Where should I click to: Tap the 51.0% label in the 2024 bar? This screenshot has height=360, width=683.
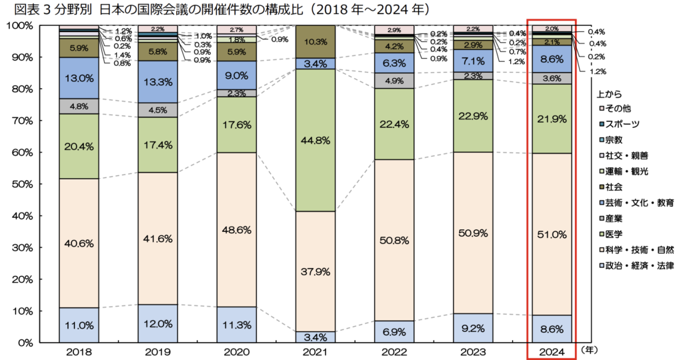click(552, 235)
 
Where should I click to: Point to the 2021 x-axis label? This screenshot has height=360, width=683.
click(314, 351)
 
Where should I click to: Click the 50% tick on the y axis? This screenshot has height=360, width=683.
click(21, 184)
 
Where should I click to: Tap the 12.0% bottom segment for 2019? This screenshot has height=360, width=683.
click(157, 325)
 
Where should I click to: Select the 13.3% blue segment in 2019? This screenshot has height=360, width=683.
click(157, 82)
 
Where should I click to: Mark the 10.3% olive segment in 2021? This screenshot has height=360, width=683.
click(314, 41)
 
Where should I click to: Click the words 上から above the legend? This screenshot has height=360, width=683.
click(610, 94)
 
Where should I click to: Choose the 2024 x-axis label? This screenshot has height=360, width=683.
click(552, 351)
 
